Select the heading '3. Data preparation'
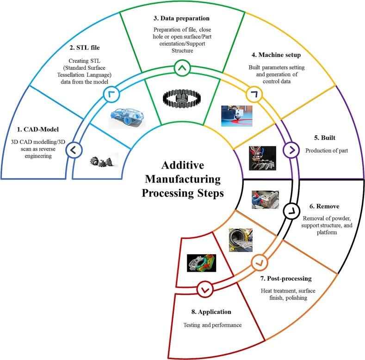[182, 18]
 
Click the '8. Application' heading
[211, 312]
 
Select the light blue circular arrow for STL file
[113, 94]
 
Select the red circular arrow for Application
[204, 289]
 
